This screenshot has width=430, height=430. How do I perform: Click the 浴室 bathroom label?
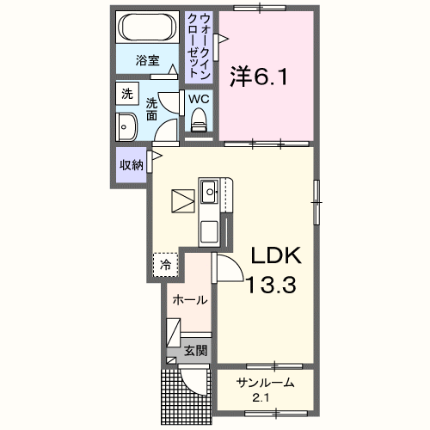click(x=149, y=61)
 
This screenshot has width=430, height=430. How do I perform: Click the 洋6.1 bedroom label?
click(x=259, y=77)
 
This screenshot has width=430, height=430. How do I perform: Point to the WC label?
click(x=199, y=99)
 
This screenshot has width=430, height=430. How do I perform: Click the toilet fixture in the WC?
click(x=200, y=124)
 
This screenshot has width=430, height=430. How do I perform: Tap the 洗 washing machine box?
click(x=127, y=94)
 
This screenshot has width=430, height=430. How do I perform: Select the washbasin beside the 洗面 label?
click(x=126, y=126)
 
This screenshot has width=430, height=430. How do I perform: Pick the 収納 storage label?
click(x=131, y=165)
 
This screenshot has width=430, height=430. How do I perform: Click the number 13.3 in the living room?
click(x=273, y=285)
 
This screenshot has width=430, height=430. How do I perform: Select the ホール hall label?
click(x=189, y=300)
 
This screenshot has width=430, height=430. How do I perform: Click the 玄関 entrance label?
click(x=194, y=350)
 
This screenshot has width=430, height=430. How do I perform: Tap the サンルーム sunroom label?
click(x=267, y=383)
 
